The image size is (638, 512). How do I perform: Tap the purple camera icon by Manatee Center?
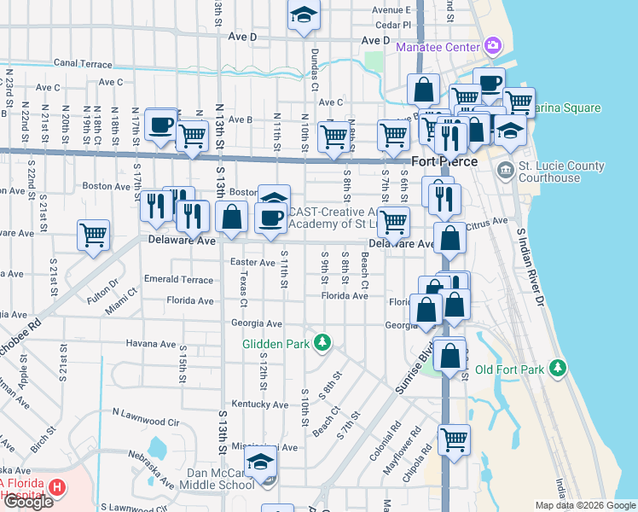coord(492,45)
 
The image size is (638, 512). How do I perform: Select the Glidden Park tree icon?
coord(322,344)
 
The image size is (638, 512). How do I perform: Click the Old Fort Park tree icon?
coord(558,368)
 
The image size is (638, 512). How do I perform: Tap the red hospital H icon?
coord(57,488)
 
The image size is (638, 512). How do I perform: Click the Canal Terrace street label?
coord(83,63)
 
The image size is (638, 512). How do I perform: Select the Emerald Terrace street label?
coord(178,280)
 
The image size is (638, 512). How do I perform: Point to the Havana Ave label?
coord(150,344)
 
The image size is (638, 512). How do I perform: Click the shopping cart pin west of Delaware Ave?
coord(93,235)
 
